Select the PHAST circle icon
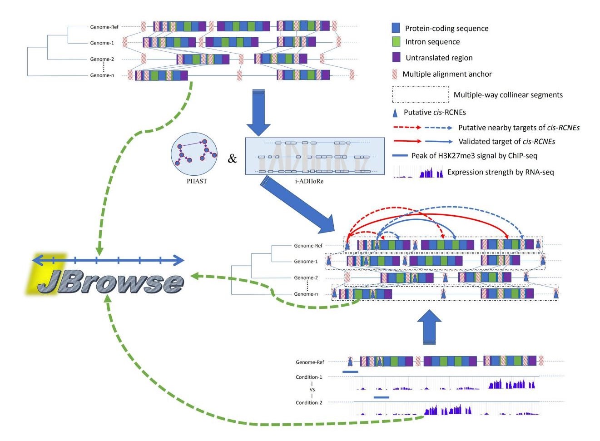194,155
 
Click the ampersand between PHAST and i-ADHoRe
232,159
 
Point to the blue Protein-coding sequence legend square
396,28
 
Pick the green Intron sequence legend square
396,42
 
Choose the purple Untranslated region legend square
396,57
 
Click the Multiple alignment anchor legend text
446,74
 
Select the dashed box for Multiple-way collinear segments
420,94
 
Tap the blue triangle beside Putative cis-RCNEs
395,113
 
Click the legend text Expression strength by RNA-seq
501,172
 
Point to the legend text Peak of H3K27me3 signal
474,156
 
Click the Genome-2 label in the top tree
102,59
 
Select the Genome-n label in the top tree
102,75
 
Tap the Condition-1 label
309,377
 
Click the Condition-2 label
309,402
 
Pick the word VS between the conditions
312,390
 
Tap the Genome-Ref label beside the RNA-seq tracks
310,362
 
